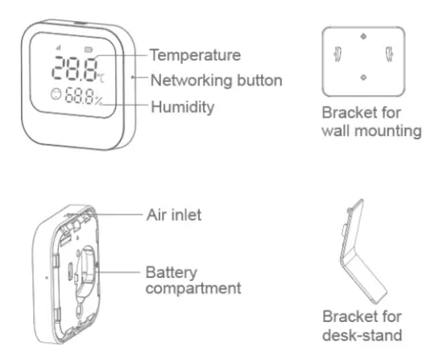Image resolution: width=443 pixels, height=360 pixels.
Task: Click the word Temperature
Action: [197, 55]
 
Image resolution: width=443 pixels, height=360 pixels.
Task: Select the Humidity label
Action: [183, 106]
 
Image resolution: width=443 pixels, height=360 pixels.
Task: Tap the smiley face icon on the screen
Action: [53, 95]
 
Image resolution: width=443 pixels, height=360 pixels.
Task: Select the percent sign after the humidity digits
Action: [98, 101]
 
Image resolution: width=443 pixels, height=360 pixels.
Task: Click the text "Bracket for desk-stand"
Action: [362, 325]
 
